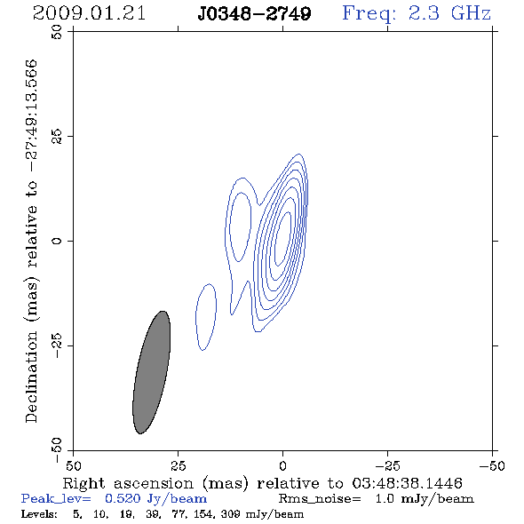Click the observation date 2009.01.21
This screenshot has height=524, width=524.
point(89,13)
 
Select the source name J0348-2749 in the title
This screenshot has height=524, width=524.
point(254,13)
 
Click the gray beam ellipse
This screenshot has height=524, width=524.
point(152,372)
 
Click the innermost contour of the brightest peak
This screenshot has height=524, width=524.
point(283,239)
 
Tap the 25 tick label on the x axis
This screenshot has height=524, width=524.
point(178,466)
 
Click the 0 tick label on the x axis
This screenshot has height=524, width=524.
point(282,466)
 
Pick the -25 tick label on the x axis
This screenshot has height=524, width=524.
point(387,466)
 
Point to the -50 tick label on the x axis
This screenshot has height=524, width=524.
point(492,466)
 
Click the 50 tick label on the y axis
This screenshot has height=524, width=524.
point(57,32)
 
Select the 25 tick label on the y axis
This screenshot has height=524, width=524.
point(57,137)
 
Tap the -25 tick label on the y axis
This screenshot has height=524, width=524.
point(57,345)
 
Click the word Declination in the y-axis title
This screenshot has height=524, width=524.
point(31,377)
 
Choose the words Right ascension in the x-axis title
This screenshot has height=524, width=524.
point(128,483)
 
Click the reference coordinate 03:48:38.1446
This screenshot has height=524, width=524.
point(407,483)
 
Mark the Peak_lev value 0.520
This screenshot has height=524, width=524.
point(123,498)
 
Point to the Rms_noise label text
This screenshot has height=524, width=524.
point(320,499)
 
